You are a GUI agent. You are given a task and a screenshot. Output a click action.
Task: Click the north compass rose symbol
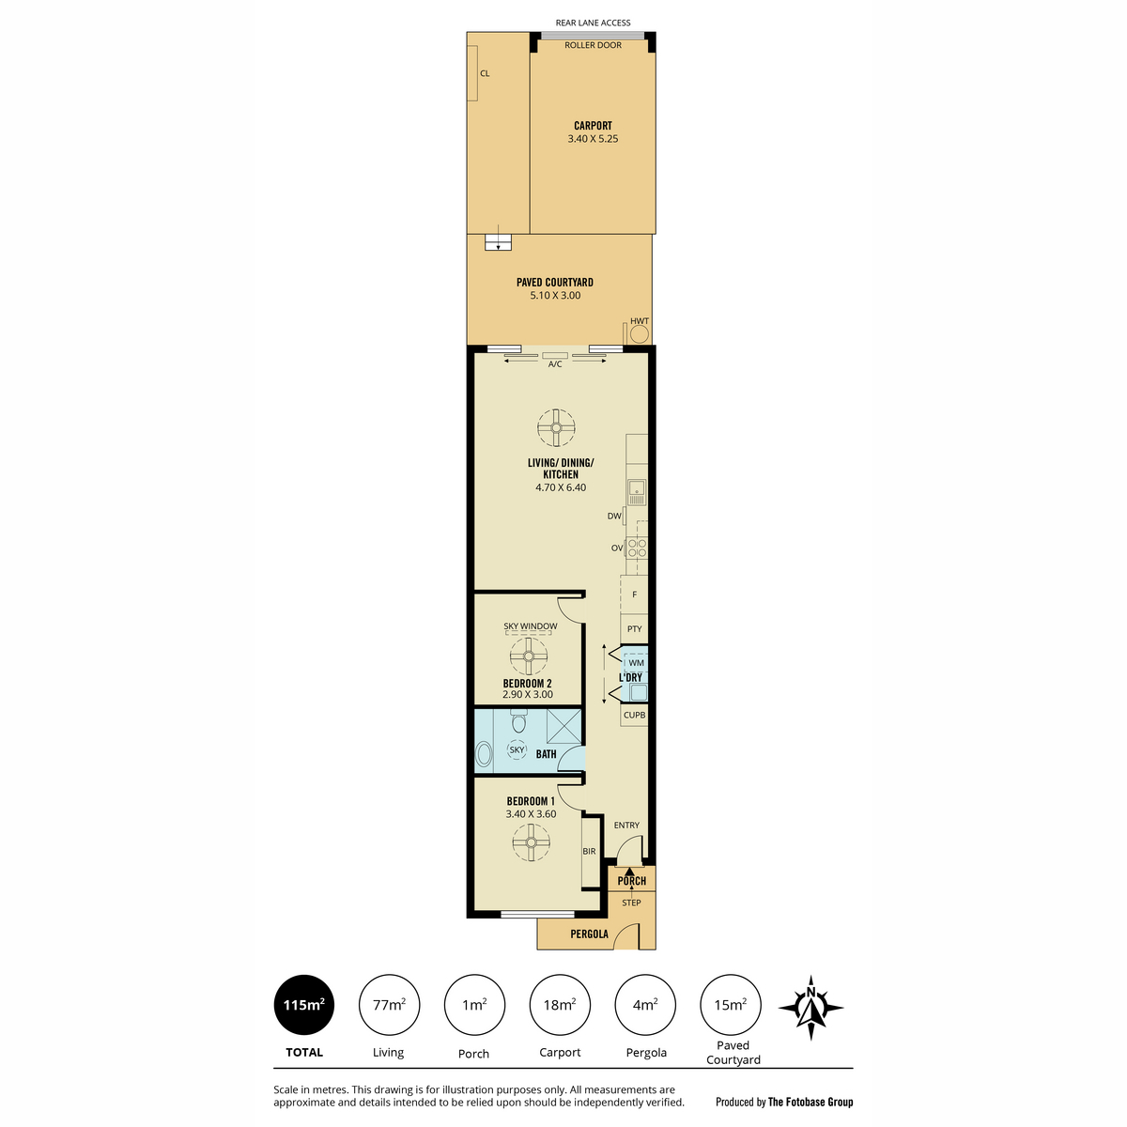(811, 1007)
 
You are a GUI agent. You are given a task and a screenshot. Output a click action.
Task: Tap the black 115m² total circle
(303, 1005)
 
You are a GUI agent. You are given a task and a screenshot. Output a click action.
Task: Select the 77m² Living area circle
(389, 1005)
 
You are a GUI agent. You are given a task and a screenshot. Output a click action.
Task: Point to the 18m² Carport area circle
(560, 1005)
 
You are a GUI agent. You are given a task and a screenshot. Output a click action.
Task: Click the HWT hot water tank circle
(640, 334)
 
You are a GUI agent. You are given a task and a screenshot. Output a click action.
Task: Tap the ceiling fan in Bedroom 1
(531, 842)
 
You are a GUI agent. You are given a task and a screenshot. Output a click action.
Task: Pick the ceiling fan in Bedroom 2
(529, 656)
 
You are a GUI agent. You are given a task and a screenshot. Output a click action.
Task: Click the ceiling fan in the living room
(556, 427)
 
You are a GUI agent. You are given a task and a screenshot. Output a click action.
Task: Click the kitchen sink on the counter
(637, 491)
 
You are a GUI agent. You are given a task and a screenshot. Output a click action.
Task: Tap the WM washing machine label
(636, 663)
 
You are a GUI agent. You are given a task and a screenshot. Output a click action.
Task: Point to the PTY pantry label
(635, 628)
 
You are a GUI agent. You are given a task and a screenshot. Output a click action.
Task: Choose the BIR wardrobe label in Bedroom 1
(589, 851)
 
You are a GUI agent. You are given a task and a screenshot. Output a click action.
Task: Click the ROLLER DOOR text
(593, 45)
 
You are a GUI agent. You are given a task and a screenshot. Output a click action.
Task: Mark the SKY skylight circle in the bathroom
(517, 749)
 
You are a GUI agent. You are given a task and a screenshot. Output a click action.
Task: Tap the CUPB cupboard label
(635, 715)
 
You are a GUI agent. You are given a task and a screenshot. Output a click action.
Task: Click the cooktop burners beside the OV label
(637, 548)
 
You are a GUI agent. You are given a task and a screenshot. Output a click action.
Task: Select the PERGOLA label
(589, 934)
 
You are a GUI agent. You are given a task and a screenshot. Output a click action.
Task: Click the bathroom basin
(484, 754)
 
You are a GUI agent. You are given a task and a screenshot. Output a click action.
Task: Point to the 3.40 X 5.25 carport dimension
(593, 139)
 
